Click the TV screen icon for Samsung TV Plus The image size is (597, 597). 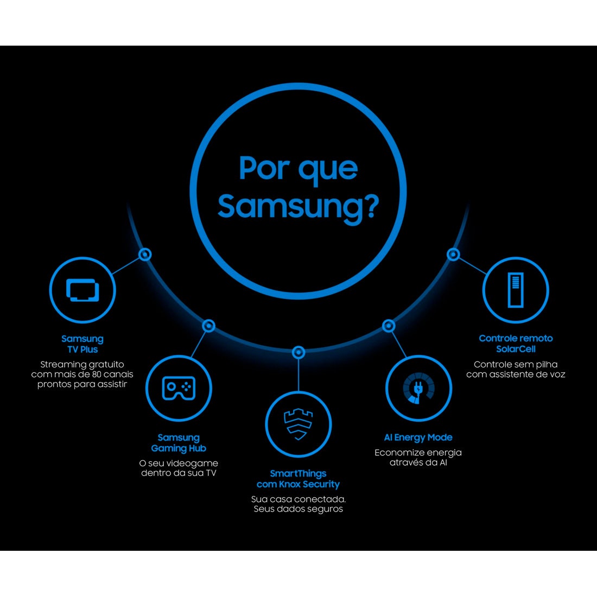[82, 290]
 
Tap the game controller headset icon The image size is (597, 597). [179, 388]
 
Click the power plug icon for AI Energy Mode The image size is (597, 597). [418, 388]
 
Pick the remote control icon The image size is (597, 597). [516, 290]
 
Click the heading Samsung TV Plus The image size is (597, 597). [82, 344]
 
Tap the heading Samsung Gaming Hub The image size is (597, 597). [179, 443]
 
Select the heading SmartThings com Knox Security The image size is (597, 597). [298, 479]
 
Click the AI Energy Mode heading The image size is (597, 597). [418, 437]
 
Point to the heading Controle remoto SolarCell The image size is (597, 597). [516, 344]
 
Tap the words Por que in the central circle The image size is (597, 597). [298, 168]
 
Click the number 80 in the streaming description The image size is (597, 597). [96, 374]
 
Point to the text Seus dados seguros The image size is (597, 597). [298, 509]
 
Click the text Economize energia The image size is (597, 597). [418, 453]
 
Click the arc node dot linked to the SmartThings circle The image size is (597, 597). [298, 353]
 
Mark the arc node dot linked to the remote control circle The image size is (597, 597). [453, 255]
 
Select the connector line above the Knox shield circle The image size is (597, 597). [298, 375]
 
